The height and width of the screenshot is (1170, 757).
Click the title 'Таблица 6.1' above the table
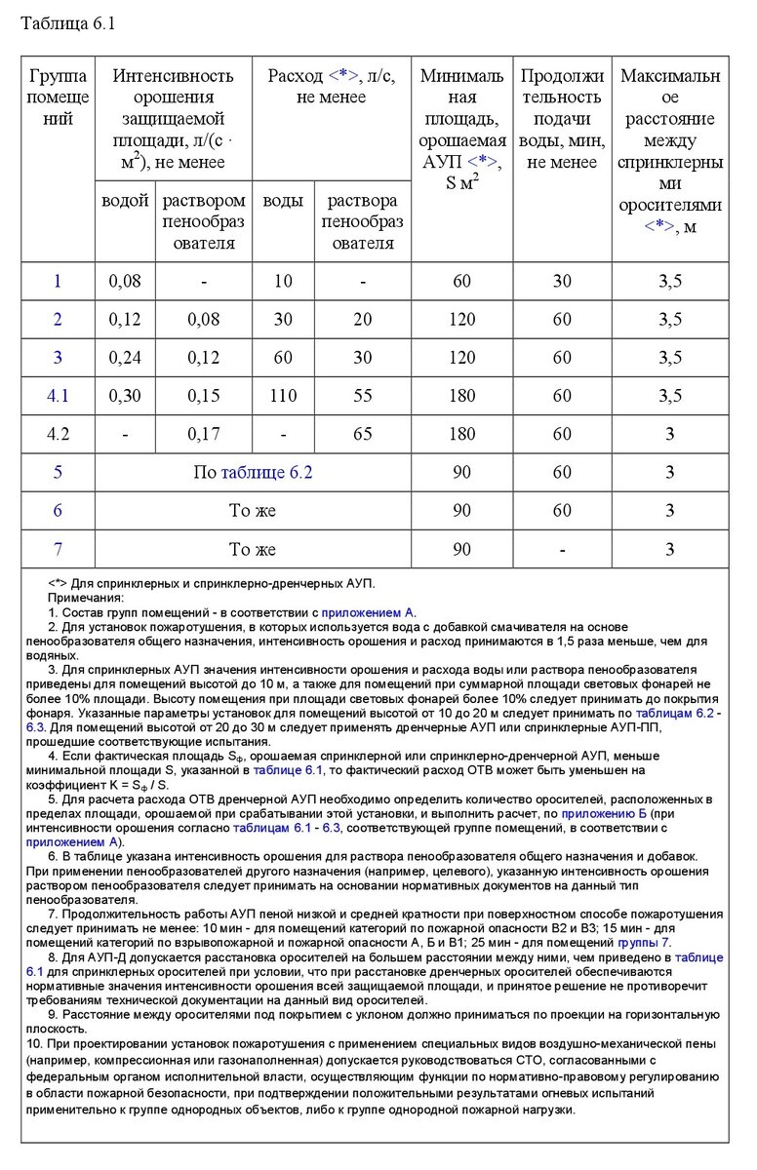(67, 24)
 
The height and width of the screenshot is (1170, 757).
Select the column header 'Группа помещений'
(58, 97)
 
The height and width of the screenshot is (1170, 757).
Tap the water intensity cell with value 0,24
(125, 357)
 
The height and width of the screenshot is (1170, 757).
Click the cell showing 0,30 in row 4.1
(125, 395)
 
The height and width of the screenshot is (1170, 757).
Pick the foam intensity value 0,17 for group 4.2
(204, 434)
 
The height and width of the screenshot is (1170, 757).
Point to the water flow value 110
(283, 395)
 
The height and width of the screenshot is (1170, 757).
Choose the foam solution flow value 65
(362, 434)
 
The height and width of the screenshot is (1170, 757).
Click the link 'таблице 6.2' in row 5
(266, 473)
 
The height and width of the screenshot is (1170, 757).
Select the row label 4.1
(58, 395)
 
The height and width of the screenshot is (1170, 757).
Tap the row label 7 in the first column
(58, 549)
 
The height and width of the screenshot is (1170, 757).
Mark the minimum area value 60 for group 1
(461, 281)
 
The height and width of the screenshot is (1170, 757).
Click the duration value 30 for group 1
(562, 281)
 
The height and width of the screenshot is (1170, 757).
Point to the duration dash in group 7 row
(562, 549)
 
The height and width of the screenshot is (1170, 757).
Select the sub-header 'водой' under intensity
(125, 201)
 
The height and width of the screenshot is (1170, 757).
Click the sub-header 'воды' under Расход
(283, 201)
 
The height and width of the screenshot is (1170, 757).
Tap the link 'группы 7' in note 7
(643, 942)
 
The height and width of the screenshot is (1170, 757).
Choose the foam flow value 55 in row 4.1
(362, 395)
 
